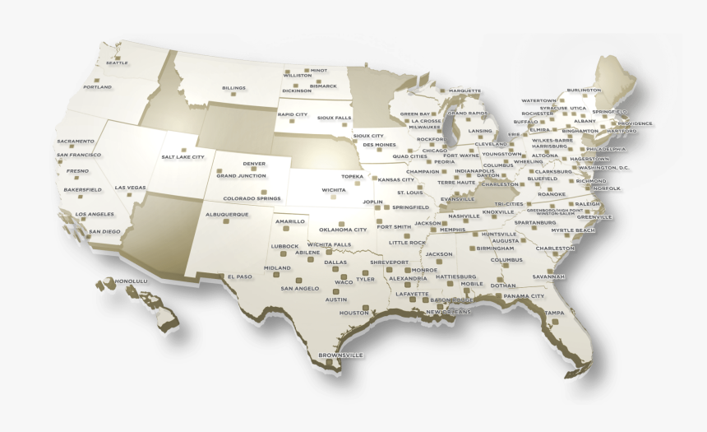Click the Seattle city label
point(117,63)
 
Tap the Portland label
point(97,87)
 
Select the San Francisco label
point(79,155)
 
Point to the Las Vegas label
point(130,188)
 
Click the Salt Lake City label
point(183,156)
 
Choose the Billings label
point(233,88)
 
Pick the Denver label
point(254,164)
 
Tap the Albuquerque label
point(226,214)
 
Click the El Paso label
point(240,276)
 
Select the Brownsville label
point(340,355)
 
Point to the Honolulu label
point(130,281)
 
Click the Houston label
point(354,313)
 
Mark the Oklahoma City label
point(343,230)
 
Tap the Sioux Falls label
point(334,118)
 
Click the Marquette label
point(464,91)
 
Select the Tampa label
point(554,313)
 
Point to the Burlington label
point(584,90)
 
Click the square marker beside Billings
point(233,95)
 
